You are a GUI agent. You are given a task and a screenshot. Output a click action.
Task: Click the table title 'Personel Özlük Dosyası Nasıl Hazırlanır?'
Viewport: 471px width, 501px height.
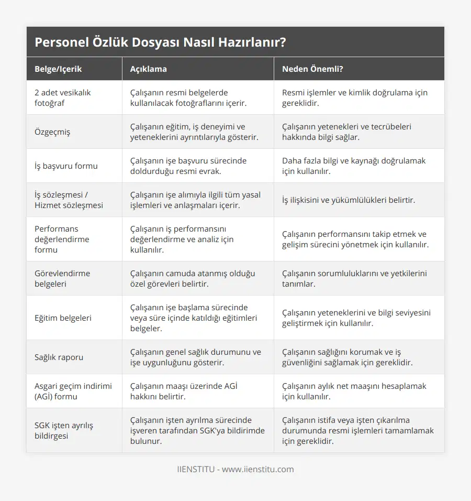160,42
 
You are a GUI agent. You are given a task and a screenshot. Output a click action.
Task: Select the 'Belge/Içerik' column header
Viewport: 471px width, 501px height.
58,69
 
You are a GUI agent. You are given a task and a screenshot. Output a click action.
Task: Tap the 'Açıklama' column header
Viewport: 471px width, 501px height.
149,69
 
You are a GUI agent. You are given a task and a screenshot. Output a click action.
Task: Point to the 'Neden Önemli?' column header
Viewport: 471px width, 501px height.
312,69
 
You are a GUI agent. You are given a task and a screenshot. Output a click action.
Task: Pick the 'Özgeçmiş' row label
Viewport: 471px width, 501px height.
52,132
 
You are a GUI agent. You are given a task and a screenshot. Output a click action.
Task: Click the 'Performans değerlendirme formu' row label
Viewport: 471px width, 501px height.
62,239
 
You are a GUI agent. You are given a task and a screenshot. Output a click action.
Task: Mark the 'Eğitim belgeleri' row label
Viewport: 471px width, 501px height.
63,318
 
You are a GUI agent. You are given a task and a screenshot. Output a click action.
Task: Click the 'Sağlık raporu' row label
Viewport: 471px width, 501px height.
59,357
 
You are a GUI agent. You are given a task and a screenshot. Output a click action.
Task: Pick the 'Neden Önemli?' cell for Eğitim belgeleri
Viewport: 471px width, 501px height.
356,318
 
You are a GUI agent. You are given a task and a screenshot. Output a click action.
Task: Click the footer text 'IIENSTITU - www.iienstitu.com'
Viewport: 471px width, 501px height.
235,469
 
